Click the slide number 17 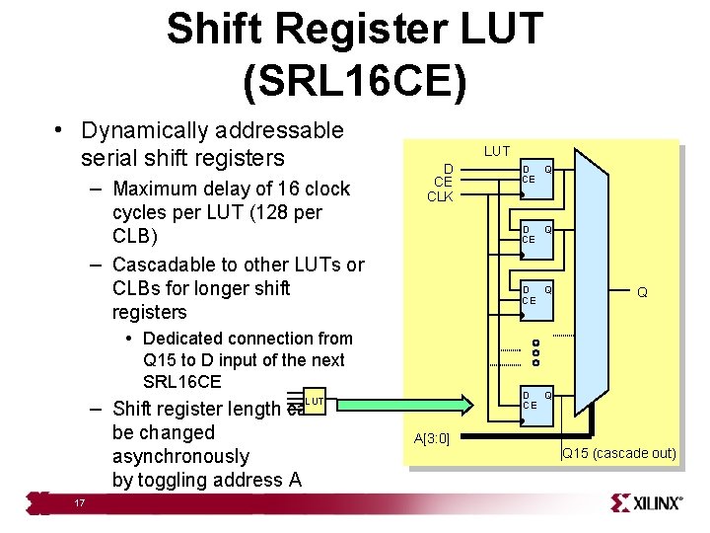(79, 503)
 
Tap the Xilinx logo (646, 502)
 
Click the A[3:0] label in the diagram (432, 438)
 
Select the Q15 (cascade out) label (619, 454)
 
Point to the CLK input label (440, 196)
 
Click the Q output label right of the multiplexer (642, 292)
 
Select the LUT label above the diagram (497, 151)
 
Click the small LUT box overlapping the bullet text (314, 401)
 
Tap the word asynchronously (180, 457)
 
